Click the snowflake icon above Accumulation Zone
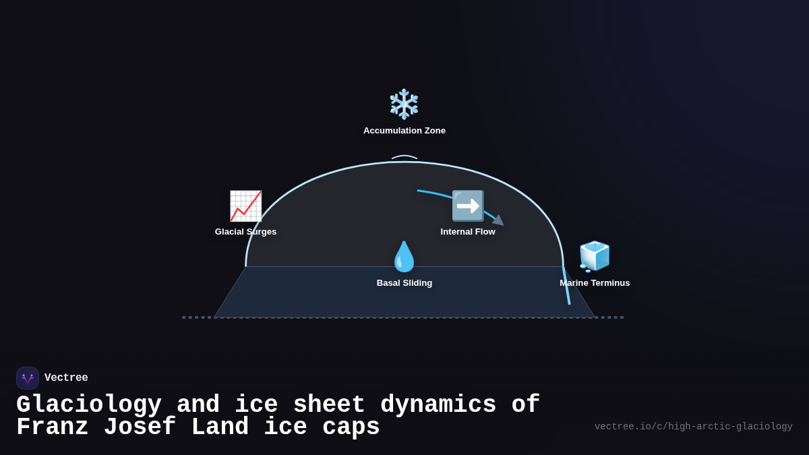click(404, 104)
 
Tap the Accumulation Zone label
click(404, 131)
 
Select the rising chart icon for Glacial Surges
click(245, 206)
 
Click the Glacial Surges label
click(245, 232)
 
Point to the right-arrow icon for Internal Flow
click(468, 206)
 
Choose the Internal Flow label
click(468, 232)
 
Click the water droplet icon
click(404, 257)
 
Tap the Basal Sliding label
click(404, 283)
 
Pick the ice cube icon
click(595, 256)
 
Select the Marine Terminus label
click(595, 283)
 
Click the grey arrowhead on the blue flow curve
click(499, 220)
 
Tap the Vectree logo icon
click(28, 378)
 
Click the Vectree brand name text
click(66, 378)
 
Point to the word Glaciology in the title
click(89, 405)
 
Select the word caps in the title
click(351, 427)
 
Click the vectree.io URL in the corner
click(693, 427)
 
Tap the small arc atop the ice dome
click(404, 157)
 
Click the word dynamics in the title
click(438, 405)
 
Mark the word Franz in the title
click(53, 427)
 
